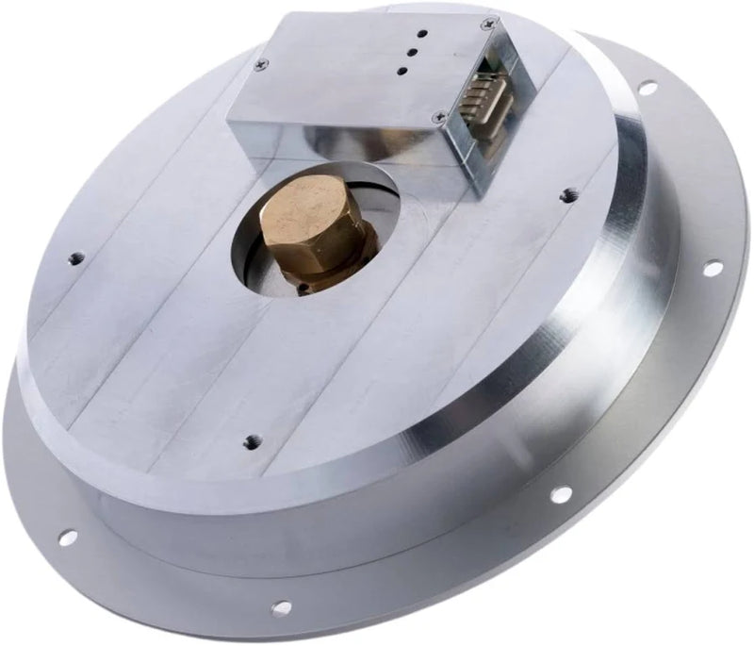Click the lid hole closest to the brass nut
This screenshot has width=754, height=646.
[x=401, y=71]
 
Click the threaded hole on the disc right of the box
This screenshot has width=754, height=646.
[x=567, y=196]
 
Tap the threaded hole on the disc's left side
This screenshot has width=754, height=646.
[x=76, y=257]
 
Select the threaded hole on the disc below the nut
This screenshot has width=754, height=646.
[x=251, y=440]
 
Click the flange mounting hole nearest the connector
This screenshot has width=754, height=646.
[x=647, y=88]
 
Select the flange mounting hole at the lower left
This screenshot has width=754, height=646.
[x=67, y=538]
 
